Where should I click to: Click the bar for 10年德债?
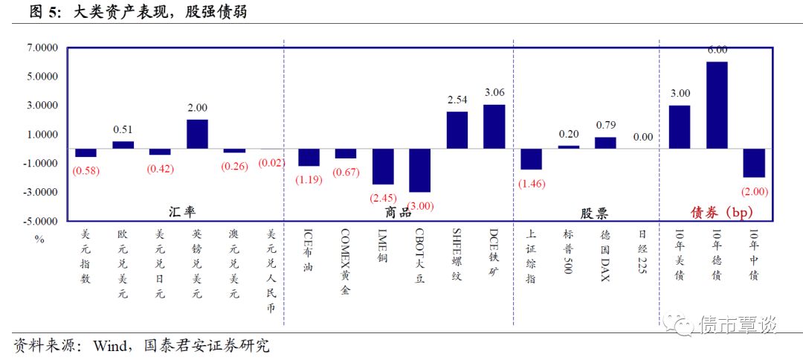pos(717,105)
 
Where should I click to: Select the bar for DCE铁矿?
pos(494,126)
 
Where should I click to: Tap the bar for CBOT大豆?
pos(419,170)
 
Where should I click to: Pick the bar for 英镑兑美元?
pos(197,134)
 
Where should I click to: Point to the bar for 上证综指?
pos(531,159)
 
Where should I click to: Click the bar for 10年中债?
pos(754,163)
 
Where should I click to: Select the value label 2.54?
pos(457,100)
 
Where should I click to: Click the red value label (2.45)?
pos(383,198)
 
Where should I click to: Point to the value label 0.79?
pos(605,125)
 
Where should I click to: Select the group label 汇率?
pos(178,212)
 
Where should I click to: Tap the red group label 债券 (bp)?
pos(713,212)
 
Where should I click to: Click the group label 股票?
pos(593,213)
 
